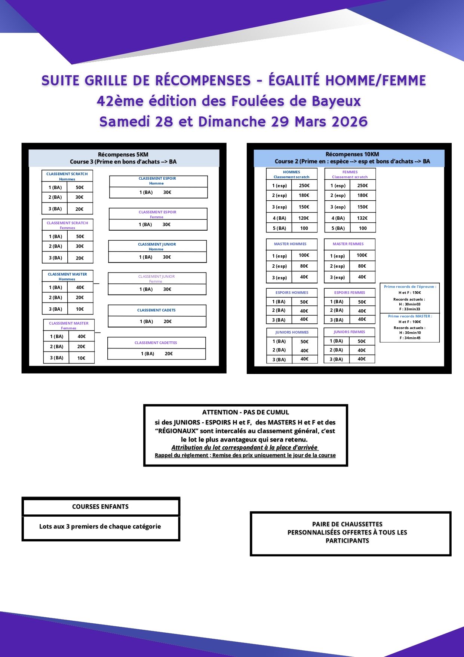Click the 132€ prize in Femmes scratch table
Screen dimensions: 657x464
pos(362,218)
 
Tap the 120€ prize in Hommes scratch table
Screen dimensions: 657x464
pos(304,218)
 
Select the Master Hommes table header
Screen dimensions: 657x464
pos(290,244)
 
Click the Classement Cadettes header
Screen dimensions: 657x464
pos(156,343)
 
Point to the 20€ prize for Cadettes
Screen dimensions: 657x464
pos(169,354)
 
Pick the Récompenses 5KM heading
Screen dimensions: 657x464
pos(123,155)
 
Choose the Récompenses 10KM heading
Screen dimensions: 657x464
pos(352,154)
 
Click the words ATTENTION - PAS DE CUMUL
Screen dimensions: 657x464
pos(246,412)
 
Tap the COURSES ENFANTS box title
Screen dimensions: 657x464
pos(100,507)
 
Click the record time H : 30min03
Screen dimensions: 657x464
pos(410,304)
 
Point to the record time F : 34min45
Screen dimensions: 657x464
pos(410,338)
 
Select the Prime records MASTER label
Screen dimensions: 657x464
pos(410,316)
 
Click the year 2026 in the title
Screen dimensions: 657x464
pos(350,122)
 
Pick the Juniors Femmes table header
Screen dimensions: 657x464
pos(349,332)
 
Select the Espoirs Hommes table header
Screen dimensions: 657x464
pos(292,293)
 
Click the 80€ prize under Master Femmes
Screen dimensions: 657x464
pos(362,266)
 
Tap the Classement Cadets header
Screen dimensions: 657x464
pos(156,310)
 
